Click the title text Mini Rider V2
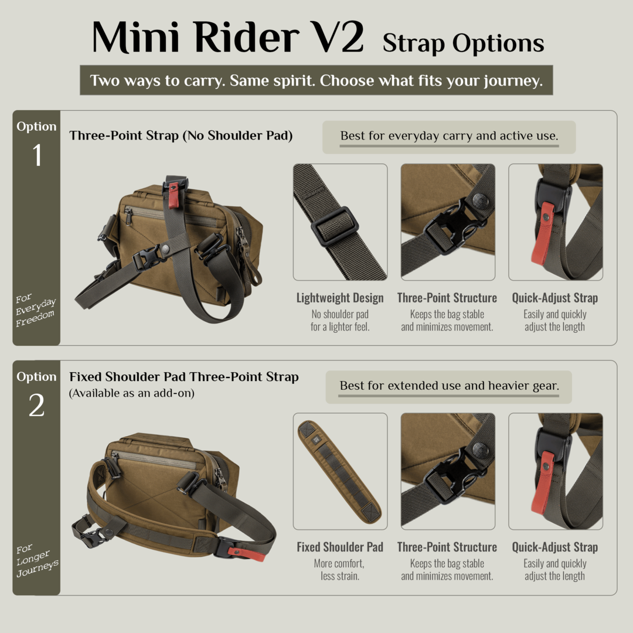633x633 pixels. (228, 37)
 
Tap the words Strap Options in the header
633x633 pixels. (464, 43)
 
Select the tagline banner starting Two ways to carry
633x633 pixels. (316, 80)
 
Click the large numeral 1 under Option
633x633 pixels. (37, 155)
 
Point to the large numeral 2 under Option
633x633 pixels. (37, 405)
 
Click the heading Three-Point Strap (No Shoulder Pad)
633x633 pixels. (181, 135)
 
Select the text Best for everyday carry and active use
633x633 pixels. (450, 136)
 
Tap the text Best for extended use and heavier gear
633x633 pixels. (450, 386)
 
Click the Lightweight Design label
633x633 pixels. (340, 298)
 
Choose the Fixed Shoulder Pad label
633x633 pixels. (340, 547)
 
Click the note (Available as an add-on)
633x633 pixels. (132, 393)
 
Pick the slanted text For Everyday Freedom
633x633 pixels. (36, 310)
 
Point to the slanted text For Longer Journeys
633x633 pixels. (37, 561)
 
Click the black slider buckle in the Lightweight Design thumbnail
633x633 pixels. (335, 226)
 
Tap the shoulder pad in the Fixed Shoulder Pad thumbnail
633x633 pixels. (339, 471)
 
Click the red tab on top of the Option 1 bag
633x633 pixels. (173, 195)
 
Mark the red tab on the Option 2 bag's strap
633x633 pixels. (246, 553)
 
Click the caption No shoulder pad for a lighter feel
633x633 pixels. (340, 321)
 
